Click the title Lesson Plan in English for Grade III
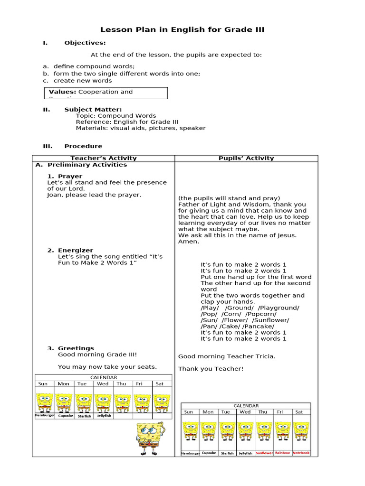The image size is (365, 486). (x=182, y=30)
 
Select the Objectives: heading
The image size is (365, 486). (x=85, y=43)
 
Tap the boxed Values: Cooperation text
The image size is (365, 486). (x=91, y=92)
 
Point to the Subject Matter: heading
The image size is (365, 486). (x=93, y=110)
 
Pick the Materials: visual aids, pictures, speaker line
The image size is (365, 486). (x=141, y=128)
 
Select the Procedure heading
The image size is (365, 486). (x=83, y=146)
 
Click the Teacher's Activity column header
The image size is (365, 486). (x=104, y=159)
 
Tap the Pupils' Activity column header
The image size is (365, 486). (x=246, y=159)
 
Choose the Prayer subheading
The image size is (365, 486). (x=70, y=176)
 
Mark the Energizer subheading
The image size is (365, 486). (x=76, y=250)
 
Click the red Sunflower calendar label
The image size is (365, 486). (x=264, y=453)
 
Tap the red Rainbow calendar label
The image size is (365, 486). (x=282, y=453)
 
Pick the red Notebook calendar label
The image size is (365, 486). (x=301, y=453)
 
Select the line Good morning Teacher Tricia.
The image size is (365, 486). (x=227, y=356)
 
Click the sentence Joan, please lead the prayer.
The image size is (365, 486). (x=94, y=195)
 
